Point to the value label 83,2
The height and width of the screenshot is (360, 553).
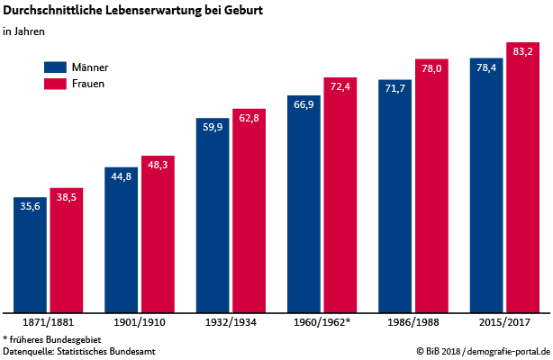pyautogui.click(x=522, y=52)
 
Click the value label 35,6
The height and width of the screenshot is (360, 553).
pyautogui.click(x=30, y=206)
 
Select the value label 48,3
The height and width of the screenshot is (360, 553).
pyautogui.click(x=158, y=166)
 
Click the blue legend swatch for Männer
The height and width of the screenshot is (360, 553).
pyautogui.click(x=56, y=67)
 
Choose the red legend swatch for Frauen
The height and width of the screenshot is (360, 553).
pyautogui.click(x=56, y=84)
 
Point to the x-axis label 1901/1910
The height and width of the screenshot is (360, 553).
pyautogui.click(x=139, y=321)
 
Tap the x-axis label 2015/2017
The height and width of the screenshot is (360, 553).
pyautogui.click(x=504, y=321)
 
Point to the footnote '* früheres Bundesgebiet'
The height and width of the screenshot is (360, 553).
pyautogui.click(x=52, y=338)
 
